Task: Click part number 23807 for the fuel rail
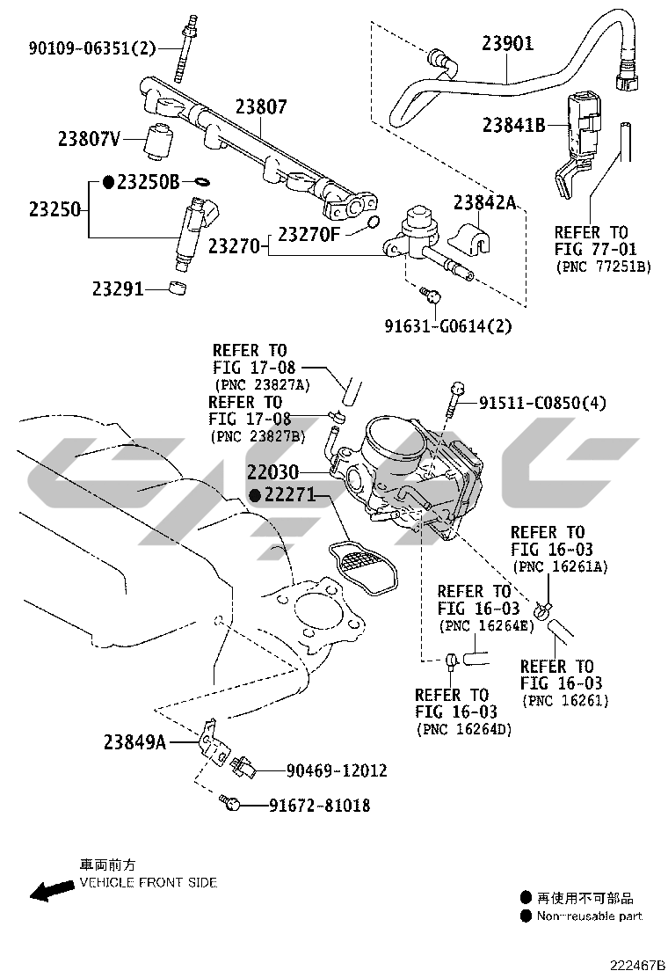pyautogui.click(x=261, y=107)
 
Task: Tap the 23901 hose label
pyautogui.click(x=507, y=43)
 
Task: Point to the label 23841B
pyautogui.click(x=514, y=125)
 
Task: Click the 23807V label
pyautogui.click(x=89, y=138)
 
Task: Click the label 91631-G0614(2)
pyautogui.click(x=448, y=326)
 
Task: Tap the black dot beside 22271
pyautogui.click(x=254, y=495)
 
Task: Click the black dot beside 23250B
pyautogui.click(x=108, y=182)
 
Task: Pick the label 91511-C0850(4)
pyautogui.click(x=542, y=404)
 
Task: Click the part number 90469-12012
pyautogui.click(x=337, y=770)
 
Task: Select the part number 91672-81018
pyautogui.click(x=319, y=805)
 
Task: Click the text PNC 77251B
pyautogui.click(x=603, y=266)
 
